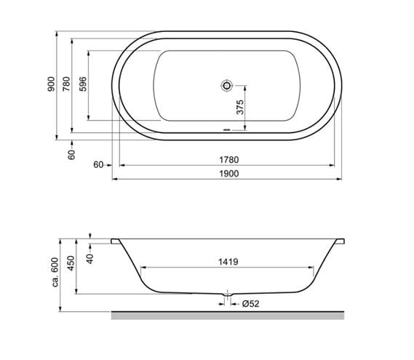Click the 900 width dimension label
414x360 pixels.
click(51, 84)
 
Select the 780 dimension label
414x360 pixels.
click(66, 84)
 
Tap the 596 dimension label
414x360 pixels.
click(83, 84)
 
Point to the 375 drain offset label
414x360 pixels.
click(240, 107)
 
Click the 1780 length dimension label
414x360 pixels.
click(229, 160)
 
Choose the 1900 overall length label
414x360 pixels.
click(229, 173)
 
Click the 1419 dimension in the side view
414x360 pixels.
click(228, 262)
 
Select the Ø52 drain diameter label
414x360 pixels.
click(250, 304)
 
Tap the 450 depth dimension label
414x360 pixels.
click(71, 263)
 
